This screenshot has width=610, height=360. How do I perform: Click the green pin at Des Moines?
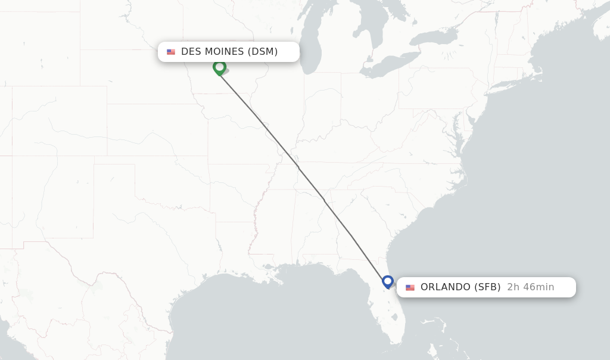(219, 67)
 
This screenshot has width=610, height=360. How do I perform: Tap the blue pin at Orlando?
(388, 281)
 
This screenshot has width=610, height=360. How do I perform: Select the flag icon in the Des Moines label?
(171, 52)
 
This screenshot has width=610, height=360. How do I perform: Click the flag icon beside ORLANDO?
(410, 287)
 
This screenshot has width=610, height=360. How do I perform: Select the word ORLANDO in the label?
(445, 287)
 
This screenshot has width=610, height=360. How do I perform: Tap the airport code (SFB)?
(487, 287)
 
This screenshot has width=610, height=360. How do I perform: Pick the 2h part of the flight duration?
(513, 287)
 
